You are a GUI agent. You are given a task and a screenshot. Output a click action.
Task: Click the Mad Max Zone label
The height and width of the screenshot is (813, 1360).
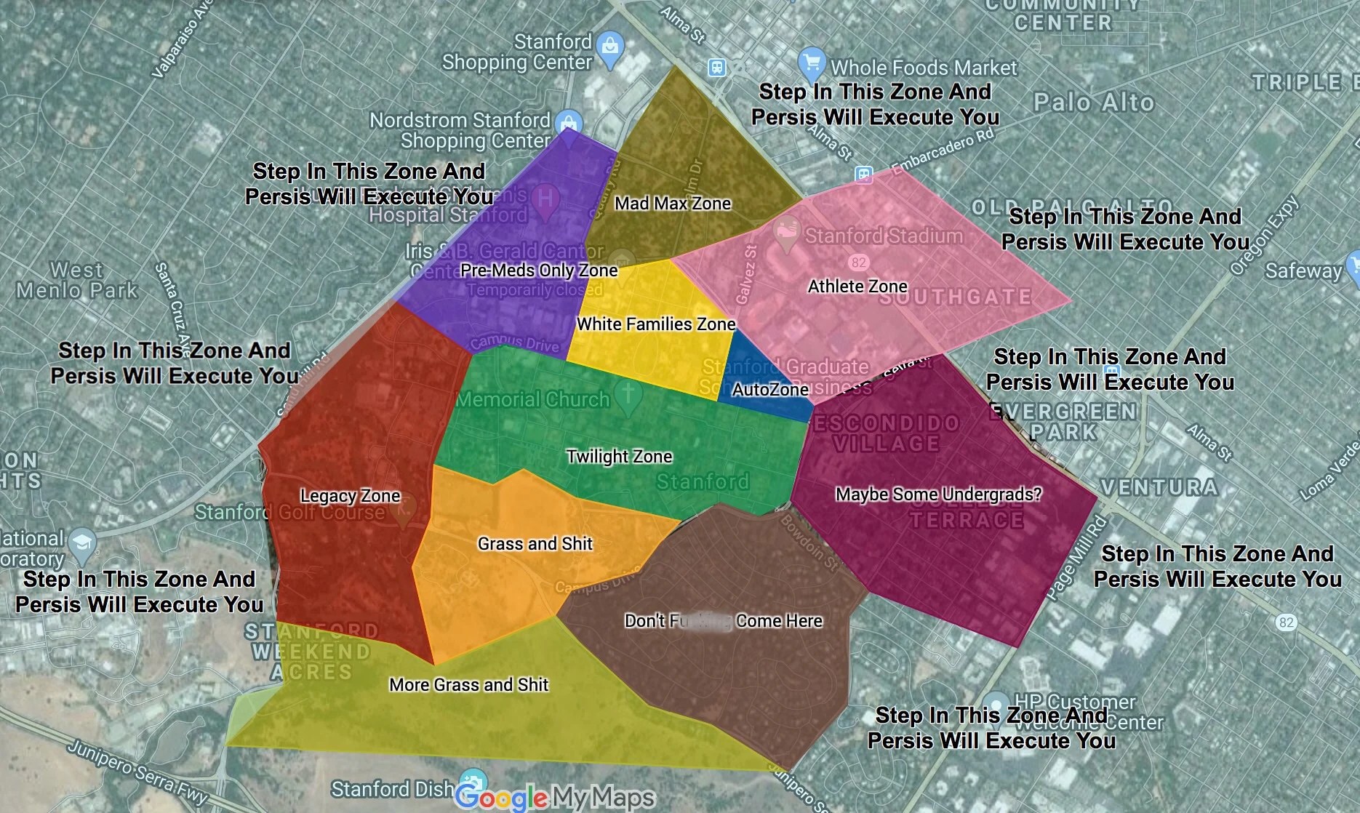[x=673, y=204]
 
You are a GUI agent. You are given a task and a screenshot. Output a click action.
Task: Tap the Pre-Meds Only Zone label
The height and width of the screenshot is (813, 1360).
[x=539, y=271]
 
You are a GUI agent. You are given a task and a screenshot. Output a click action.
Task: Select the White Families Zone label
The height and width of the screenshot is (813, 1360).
[x=656, y=324]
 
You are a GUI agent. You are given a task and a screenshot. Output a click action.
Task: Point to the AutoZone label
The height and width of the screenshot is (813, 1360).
[x=769, y=390]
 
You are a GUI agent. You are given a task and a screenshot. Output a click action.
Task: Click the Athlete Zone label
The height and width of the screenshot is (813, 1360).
[x=857, y=287]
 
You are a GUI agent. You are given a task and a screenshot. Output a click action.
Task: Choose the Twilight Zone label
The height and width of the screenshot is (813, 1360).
[x=619, y=457]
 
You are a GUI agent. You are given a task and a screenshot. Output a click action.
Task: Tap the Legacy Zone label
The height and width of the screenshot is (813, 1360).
[x=350, y=496]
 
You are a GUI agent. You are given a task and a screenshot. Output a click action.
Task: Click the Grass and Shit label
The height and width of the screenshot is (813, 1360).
[x=535, y=544]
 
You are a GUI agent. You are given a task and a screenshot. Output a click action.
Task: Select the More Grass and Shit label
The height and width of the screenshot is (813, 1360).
[x=468, y=685]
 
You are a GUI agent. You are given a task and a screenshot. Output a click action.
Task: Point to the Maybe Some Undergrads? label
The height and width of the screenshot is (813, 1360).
[x=938, y=494]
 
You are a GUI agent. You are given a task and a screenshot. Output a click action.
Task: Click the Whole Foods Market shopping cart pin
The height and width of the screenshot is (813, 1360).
[x=811, y=63]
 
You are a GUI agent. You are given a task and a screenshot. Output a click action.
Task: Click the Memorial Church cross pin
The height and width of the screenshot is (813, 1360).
[x=628, y=395]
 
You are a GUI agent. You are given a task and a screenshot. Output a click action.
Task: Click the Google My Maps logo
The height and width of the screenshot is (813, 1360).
[x=554, y=798]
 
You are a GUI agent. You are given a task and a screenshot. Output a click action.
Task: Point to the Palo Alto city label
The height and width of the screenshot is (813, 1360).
[x=1094, y=103]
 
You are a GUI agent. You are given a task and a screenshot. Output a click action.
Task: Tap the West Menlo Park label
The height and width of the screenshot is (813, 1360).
[x=77, y=281]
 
